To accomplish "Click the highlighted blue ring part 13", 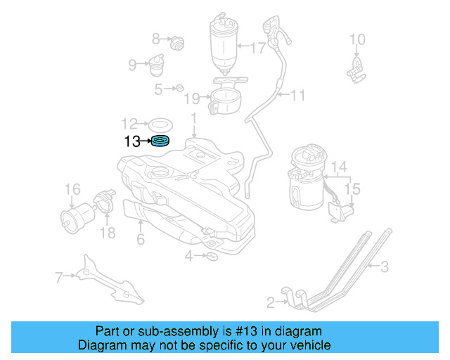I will (160, 141).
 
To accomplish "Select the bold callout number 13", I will (132, 141).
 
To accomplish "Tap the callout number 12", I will (129, 122).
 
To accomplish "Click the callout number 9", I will (132, 65).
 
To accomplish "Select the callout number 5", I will (158, 89).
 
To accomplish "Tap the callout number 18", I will (107, 232).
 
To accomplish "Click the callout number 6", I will (141, 240).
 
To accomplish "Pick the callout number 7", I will (59, 278).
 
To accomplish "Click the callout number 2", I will (271, 304).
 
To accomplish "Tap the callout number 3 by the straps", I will (385, 266).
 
